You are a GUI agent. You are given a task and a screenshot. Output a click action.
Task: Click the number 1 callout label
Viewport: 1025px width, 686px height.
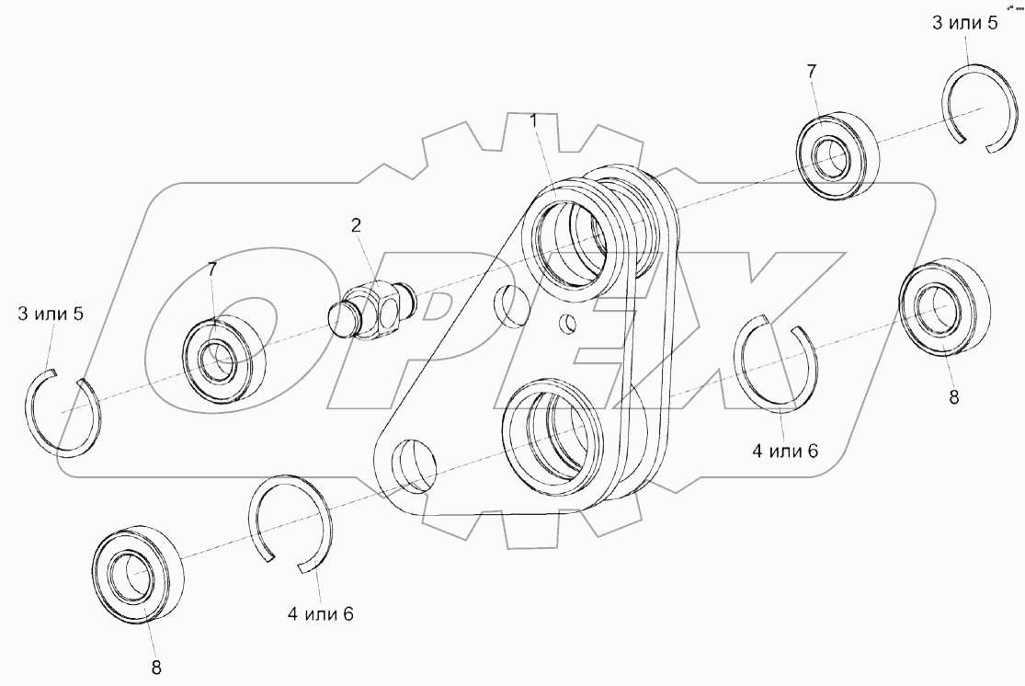point(532,120)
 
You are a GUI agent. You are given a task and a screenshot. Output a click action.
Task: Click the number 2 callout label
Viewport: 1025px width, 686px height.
point(355,224)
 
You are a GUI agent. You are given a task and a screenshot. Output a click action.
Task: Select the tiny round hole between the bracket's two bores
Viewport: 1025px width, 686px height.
point(569,323)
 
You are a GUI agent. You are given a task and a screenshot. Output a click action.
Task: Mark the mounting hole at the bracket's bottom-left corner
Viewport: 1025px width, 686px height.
point(411,463)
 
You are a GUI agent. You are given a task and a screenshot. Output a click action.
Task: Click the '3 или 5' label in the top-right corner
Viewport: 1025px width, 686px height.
point(964,23)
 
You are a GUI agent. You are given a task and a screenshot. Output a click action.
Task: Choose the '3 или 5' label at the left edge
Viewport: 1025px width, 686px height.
point(51,314)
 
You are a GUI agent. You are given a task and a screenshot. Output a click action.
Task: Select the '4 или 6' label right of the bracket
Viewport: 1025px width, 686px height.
point(784,452)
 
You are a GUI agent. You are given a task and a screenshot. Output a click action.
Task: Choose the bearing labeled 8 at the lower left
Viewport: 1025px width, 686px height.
point(138,574)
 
